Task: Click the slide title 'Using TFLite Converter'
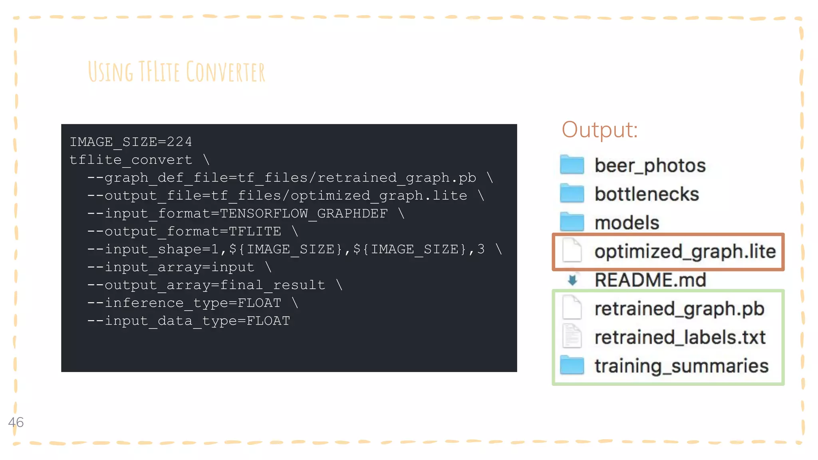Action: pyautogui.click(x=176, y=72)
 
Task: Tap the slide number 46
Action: pyautogui.click(x=16, y=422)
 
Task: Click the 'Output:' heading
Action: pyautogui.click(x=600, y=130)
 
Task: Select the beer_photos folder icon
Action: pyautogui.click(x=572, y=165)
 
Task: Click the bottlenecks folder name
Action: pyautogui.click(x=647, y=194)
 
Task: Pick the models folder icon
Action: pyautogui.click(x=572, y=222)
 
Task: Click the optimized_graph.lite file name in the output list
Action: pyautogui.click(x=685, y=252)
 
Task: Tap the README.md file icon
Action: pyautogui.click(x=572, y=280)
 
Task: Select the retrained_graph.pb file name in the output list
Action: pyautogui.click(x=679, y=309)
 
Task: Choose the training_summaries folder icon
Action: pyautogui.click(x=572, y=365)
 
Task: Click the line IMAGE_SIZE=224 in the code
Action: pyautogui.click(x=131, y=142)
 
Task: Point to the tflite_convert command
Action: pyautogui.click(x=131, y=160)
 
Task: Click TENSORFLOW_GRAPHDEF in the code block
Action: pyautogui.click(x=304, y=214)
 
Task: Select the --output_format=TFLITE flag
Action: pyautogui.click(x=184, y=232)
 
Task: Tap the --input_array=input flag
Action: pyautogui.click(x=171, y=267)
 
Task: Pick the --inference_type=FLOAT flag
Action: pyautogui.click(x=184, y=303)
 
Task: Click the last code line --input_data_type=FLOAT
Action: pyautogui.click(x=189, y=321)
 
